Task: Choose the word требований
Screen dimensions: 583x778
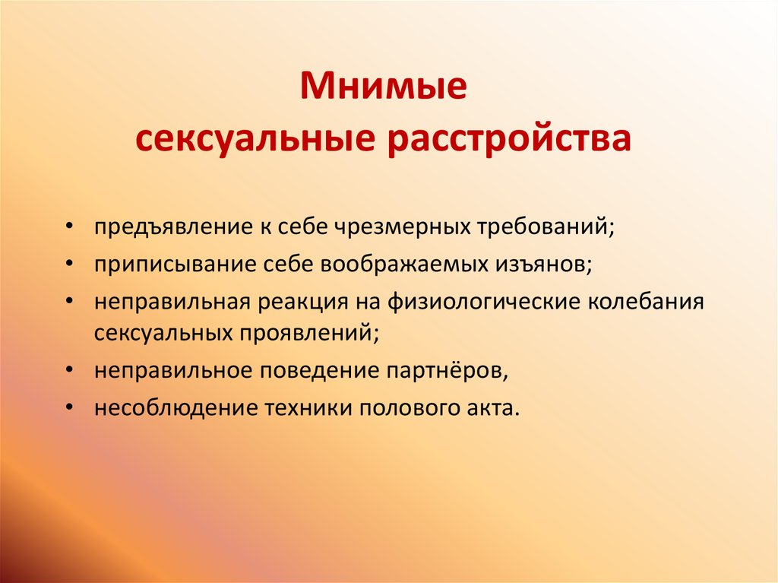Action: tap(545, 227)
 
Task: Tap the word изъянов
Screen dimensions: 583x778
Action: tap(543, 264)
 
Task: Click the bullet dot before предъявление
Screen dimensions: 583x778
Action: tap(70, 228)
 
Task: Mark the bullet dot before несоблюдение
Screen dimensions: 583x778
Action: tap(70, 407)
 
